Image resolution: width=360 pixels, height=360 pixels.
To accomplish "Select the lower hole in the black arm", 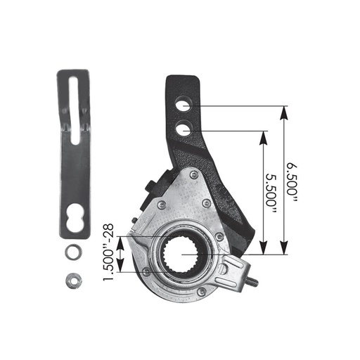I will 183,129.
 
